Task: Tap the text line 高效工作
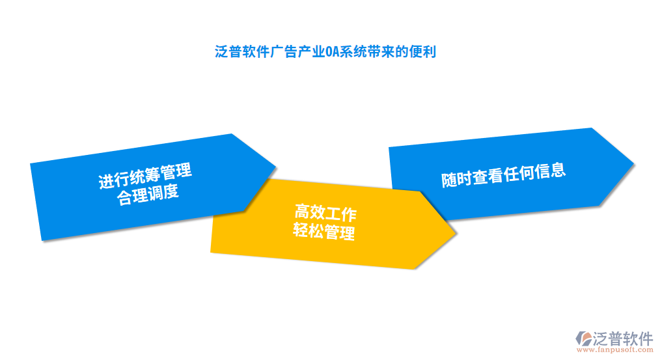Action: [x=325, y=213]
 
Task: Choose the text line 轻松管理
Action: [x=323, y=232]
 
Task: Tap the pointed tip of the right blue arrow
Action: [x=633, y=163]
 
